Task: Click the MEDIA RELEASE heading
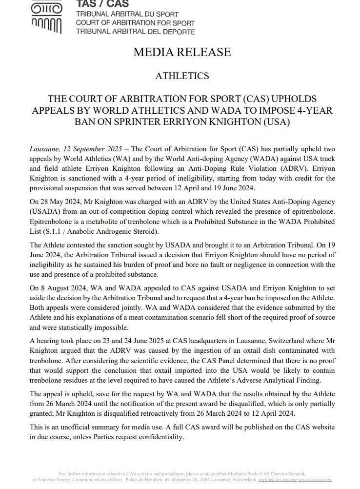pos(182,52)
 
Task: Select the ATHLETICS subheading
pos(182,76)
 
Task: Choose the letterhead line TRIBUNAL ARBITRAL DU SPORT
pos(127,15)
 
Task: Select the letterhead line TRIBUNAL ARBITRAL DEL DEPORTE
pos(135,32)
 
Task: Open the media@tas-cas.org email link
pos(275,480)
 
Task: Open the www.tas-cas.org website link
pos(315,480)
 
